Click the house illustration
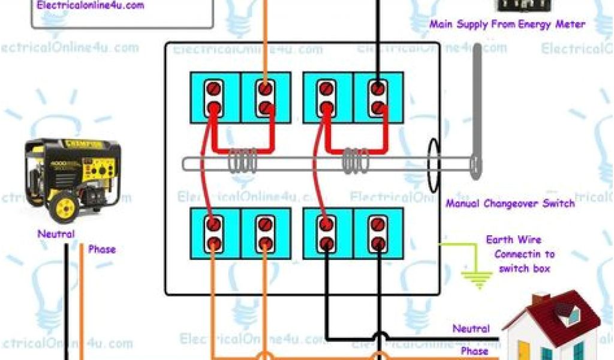[552, 327]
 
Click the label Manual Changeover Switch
[510, 203]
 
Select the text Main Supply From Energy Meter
[507, 25]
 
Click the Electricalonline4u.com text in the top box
[91, 5]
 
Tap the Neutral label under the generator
[56, 234]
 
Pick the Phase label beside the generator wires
[102, 249]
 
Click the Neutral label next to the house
[471, 329]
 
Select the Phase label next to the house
[474, 350]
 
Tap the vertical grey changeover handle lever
[476, 111]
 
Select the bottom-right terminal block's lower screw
[377, 244]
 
